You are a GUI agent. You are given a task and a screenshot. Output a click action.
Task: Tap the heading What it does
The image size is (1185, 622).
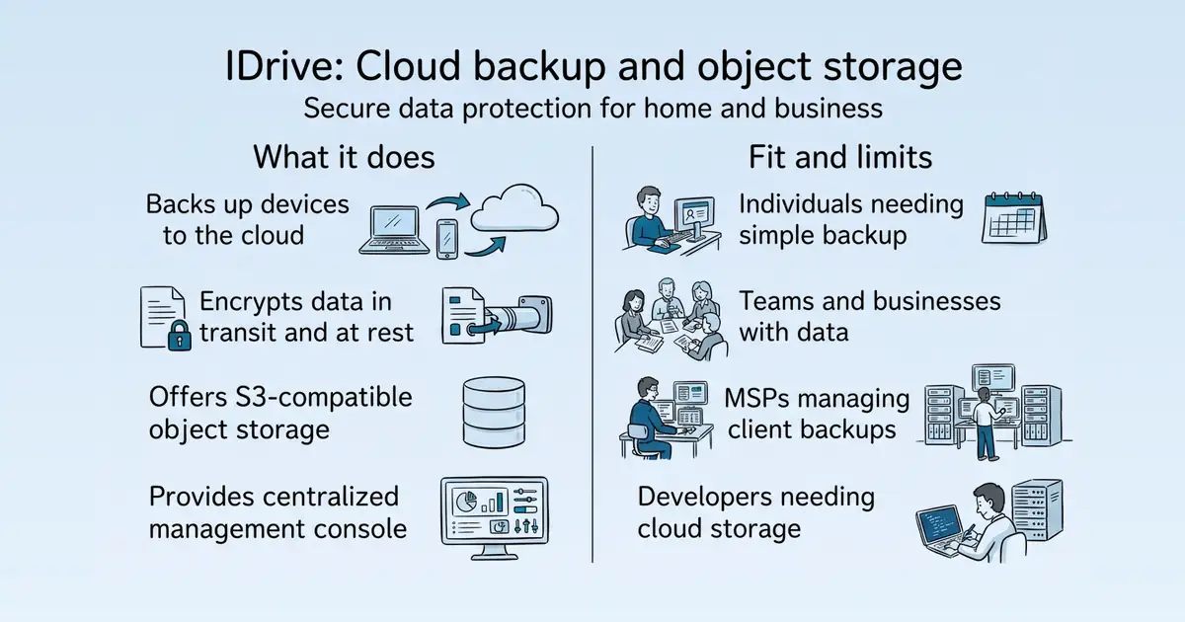(x=344, y=157)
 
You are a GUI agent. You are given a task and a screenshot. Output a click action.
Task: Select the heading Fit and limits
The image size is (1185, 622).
(x=840, y=157)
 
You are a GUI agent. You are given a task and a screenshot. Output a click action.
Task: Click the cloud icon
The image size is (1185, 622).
(x=514, y=208)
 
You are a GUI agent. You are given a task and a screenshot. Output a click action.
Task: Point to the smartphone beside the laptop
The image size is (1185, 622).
(x=447, y=239)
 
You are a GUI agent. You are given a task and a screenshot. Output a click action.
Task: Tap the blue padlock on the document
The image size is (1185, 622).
(x=180, y=335)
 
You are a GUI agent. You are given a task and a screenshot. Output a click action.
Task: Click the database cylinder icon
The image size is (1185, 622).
(x=494, y=413)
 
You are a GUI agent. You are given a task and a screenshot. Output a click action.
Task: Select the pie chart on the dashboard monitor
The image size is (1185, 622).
(x=465, y=501)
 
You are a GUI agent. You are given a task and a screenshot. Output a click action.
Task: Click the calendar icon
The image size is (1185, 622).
(x=1013, y=218)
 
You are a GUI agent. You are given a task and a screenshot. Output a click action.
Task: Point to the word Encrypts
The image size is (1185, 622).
(x=251, y=302)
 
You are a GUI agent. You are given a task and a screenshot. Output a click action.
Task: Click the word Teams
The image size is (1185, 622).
(x=774, y=301)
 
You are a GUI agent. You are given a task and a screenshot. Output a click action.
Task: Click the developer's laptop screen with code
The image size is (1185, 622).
(x=940, y=524)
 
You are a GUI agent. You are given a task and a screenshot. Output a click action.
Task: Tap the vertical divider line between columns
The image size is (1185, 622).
(x=592, y=354)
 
